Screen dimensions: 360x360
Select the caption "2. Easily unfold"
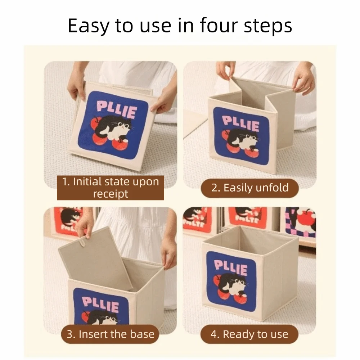point(250,188)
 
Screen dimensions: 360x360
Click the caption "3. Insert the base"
point(111,334)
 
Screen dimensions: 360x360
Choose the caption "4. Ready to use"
point(249,334)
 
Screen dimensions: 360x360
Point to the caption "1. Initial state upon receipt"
point(111,187)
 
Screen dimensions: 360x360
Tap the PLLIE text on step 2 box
point(240,123)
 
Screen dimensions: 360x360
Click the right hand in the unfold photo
point(303,79)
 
